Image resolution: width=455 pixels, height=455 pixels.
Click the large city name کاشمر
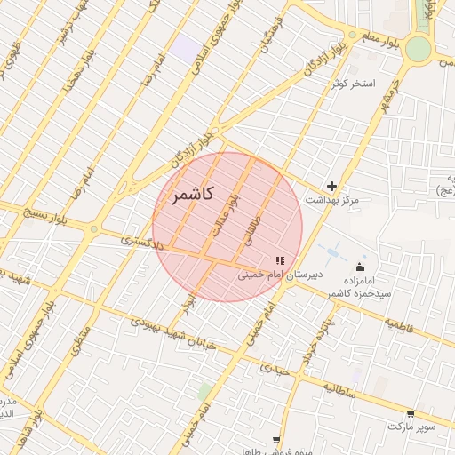point(193,196)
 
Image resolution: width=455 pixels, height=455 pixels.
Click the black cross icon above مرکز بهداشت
point(332,186)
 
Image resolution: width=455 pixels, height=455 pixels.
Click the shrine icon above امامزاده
point(359,267)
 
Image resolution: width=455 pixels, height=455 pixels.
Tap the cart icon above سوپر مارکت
point(410,414)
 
